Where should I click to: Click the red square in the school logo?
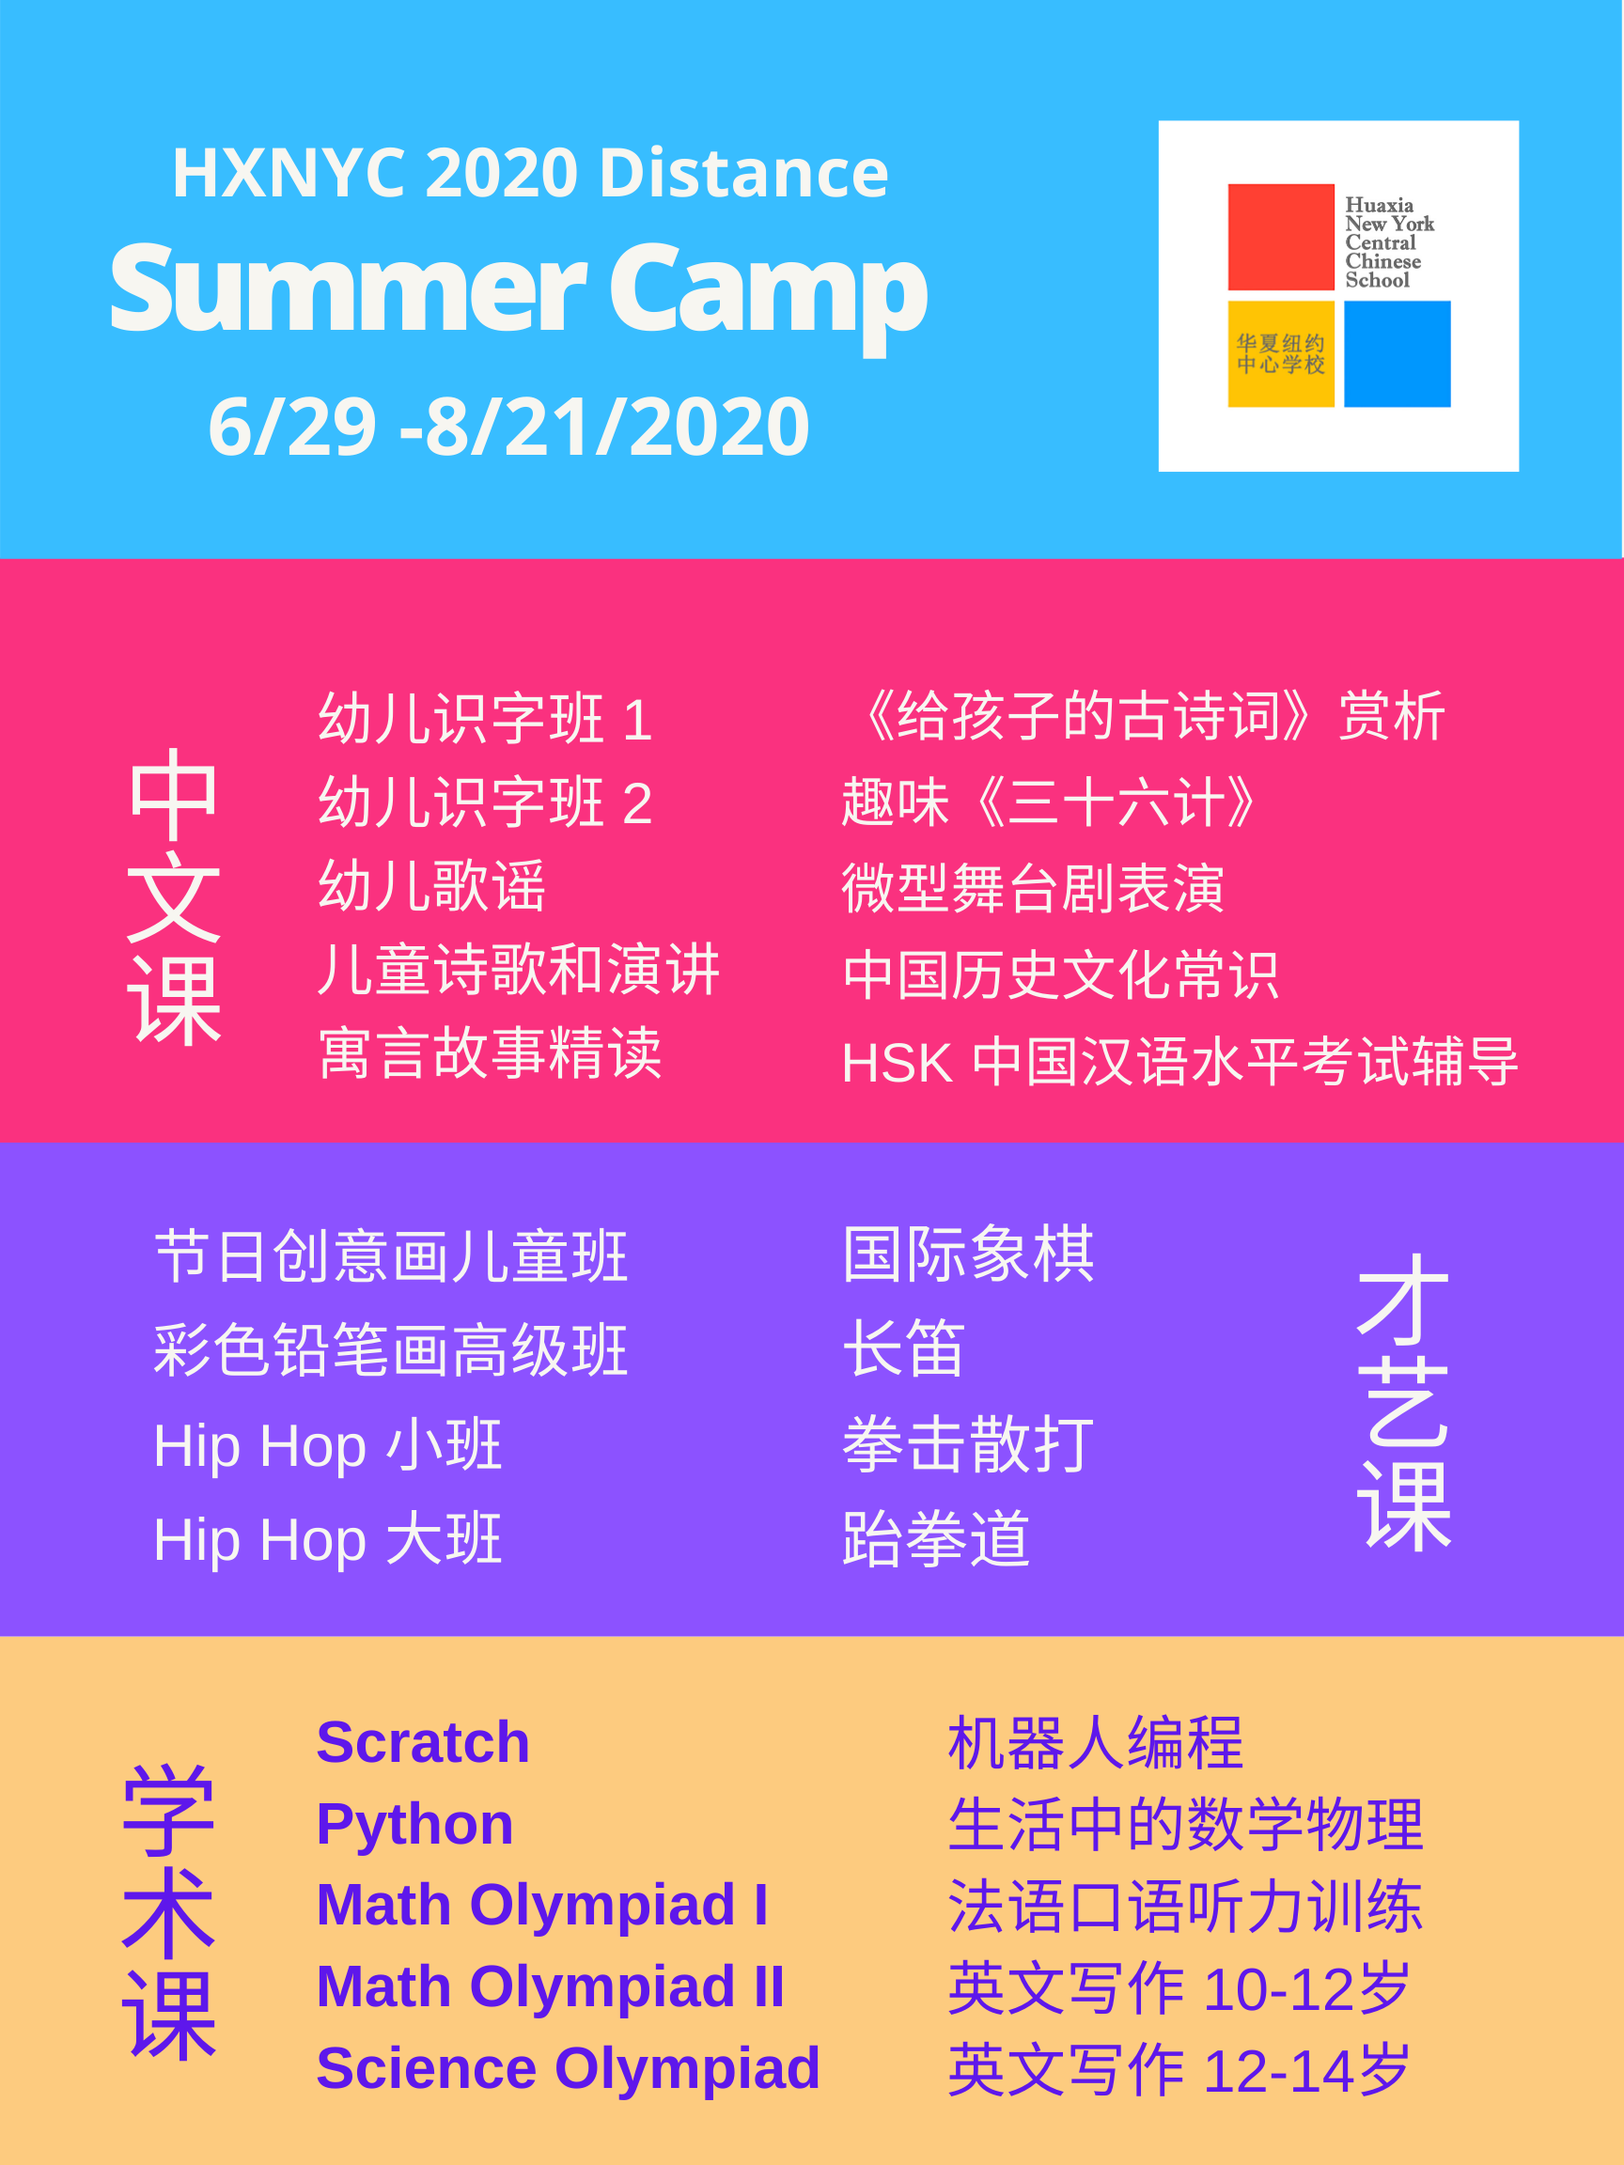point(1280,237)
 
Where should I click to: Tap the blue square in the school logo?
point(1397,353)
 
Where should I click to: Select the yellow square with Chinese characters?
point(1280,353)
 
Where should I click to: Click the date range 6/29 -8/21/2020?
point(508,427)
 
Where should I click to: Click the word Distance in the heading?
point(743,173)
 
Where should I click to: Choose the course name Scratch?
point(423,1742)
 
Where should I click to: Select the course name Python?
point(415,1827)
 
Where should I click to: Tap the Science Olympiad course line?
point(568,2069)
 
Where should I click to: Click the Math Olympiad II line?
point(550,1986)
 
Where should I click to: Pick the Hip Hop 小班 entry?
point(328,1446)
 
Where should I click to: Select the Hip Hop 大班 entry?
point(328,1540)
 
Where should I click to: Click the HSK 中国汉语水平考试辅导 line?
point(1179,1062)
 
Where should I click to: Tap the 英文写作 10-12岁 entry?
point(1179,1989)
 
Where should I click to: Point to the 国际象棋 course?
point(968,1254)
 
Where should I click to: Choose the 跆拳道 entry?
point(936,1539)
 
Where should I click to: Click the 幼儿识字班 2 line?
point(486,802)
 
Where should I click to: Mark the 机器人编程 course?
point(1096,1743)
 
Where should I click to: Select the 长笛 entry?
point(903,1347)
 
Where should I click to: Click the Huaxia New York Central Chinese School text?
point(1389,242)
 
